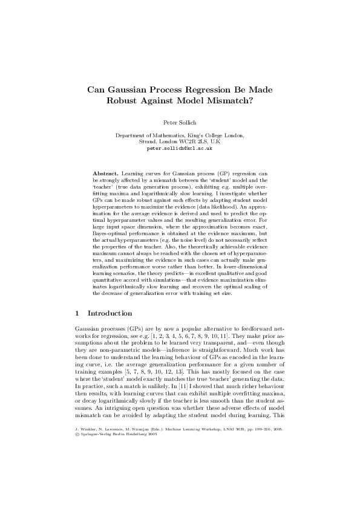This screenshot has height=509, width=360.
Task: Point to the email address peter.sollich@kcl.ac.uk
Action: pos(180,147)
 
